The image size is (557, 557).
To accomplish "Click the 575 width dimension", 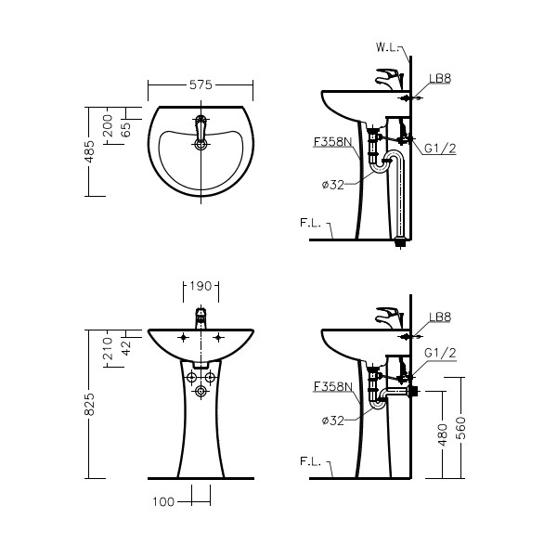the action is pos(201,84).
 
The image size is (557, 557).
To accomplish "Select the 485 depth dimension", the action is pos(90,151).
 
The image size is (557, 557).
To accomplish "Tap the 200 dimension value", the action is pos(108,125).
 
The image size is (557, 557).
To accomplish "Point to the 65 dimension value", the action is pos(125,130).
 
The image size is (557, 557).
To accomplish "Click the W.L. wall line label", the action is pos(388,47).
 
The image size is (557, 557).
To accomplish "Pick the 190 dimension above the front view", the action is pos(201,286).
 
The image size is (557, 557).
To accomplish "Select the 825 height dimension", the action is pos(89,404).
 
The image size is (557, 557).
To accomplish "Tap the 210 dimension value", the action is pos(108,348).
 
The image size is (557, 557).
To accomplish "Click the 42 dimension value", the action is pos(126,348).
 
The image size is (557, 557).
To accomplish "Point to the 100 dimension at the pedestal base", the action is pos(163,502).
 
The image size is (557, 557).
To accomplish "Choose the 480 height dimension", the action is pos(442,434).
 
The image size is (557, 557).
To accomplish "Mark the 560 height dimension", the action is pos(460,428).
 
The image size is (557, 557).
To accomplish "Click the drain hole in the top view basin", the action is pos(201,144).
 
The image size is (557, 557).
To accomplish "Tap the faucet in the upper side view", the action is pos(389,79).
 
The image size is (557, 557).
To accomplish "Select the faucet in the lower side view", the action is pos(389,317).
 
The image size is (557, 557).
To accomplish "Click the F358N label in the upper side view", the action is pos(333,142).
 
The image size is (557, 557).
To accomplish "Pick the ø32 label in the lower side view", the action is pos(333,421).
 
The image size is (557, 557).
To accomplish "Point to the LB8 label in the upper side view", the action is pos(440,79).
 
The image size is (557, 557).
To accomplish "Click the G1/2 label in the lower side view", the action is pos(440,353).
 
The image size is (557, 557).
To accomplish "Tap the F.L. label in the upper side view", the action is pos(310,223).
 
